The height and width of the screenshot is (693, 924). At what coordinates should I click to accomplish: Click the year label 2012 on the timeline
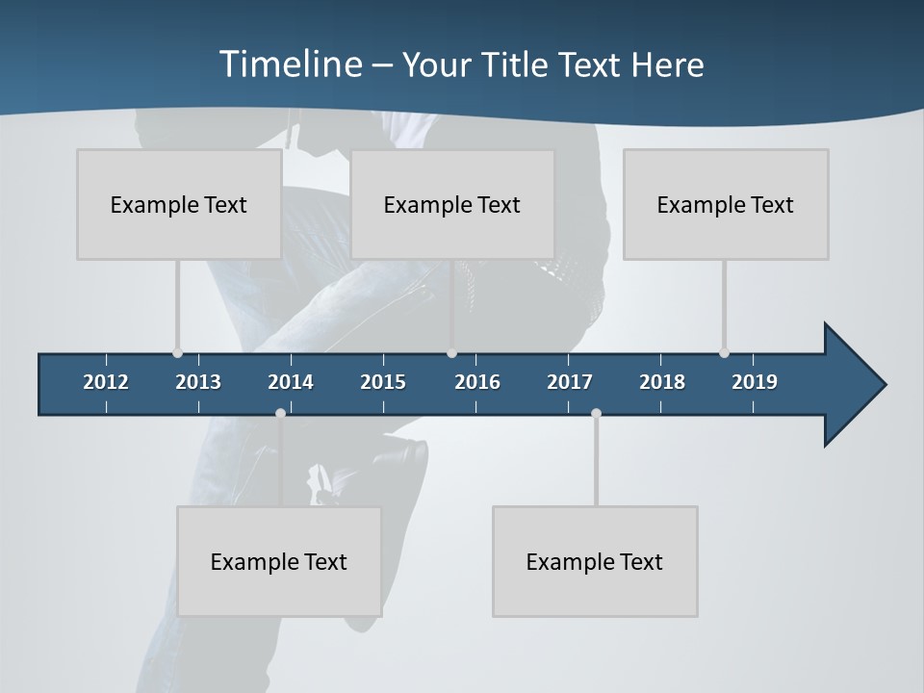tap(106, 382)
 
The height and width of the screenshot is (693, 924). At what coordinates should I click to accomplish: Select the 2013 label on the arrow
tap(198, 382)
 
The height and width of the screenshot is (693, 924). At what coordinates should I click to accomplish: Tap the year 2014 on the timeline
tap(291, 382)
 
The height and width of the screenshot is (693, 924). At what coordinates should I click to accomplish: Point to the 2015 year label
tap(383, 382)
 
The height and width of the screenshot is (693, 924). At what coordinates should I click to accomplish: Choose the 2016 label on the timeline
tap(477, 382)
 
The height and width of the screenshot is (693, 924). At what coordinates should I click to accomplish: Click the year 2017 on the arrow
tap(570, 382)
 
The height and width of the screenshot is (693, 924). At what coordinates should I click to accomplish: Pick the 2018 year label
tap(662, 382)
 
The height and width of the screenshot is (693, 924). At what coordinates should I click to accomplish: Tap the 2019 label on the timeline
tap(755, 382)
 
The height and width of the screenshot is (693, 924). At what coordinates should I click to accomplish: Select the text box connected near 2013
tap(179, 204)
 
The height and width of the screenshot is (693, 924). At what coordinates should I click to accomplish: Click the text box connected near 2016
tap(452, 204)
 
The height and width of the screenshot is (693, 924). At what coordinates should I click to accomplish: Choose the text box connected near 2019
tap(726, 204)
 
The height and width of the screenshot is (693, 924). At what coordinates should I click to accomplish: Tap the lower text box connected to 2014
tap(279, 561)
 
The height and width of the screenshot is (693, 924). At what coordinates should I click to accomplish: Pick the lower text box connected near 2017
tap(595, 561)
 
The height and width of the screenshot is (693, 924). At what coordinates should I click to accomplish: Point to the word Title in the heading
tap(521, 64)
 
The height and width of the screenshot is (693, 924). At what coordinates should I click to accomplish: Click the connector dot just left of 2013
tap(177, 352)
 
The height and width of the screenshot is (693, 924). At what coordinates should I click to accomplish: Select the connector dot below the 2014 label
tap(280, 413)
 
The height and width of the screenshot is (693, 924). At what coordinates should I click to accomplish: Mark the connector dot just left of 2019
tap(724, 352)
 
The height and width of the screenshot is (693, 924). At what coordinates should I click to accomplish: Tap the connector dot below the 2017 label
tap(596, 413)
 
